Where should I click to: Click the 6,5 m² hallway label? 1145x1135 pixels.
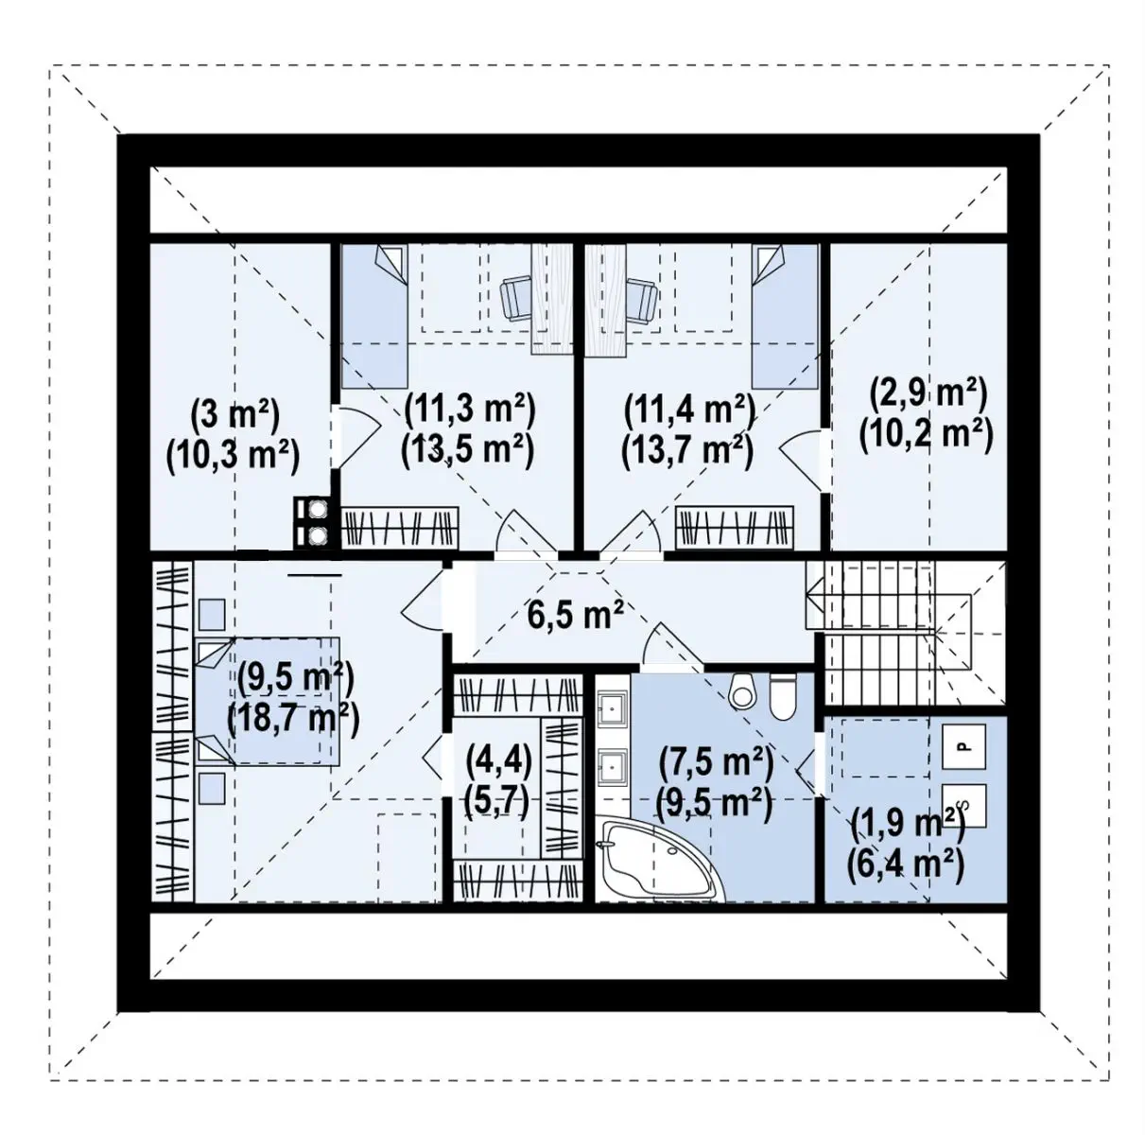(x=575, y=617)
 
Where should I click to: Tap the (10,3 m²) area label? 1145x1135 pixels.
(x=233, y=457)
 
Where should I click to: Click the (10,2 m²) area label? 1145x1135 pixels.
(x=927, y=435)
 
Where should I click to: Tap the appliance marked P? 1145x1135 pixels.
(x=963, y=746)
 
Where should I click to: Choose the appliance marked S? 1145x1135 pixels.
(x=963, y=806)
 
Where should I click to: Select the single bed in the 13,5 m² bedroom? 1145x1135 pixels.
(x=373, y=317)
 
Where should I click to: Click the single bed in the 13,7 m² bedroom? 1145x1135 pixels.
(x=785, y=317)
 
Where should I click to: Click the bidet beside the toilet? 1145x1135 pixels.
(x=742, y=690)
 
